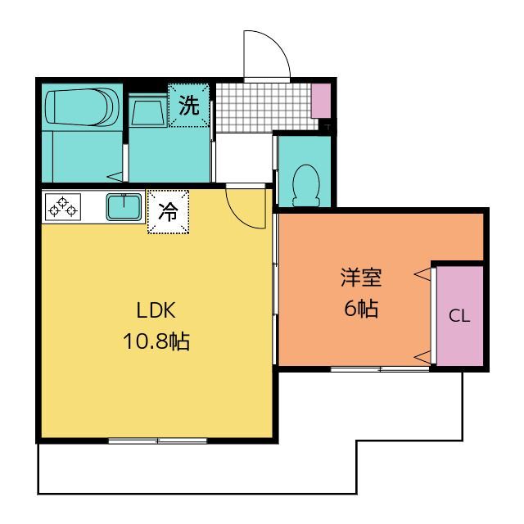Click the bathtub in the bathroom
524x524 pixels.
click(82, 107)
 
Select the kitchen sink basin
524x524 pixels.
click(124, 207)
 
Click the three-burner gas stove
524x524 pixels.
click(63, 207)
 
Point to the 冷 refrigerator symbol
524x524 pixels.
click(169, 212)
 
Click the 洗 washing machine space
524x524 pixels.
click(189, 106)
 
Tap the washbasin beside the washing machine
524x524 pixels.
click(148, 111)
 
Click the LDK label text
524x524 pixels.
click(156, 310)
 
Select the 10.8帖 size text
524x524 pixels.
click(156, 341)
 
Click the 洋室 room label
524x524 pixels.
click(361, 278)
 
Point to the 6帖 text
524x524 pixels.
click(361, 308)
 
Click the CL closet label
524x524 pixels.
click(459, 315)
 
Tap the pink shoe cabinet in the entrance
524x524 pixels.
click(321, 100)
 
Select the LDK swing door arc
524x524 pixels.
click(238, 217)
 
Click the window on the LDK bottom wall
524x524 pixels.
click(158, 441)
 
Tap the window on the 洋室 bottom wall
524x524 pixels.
click(380, 369)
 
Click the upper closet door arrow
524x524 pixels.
click(422, 274)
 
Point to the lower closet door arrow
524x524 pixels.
click(422, 357)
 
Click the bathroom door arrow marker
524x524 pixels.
click(115, 177)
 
